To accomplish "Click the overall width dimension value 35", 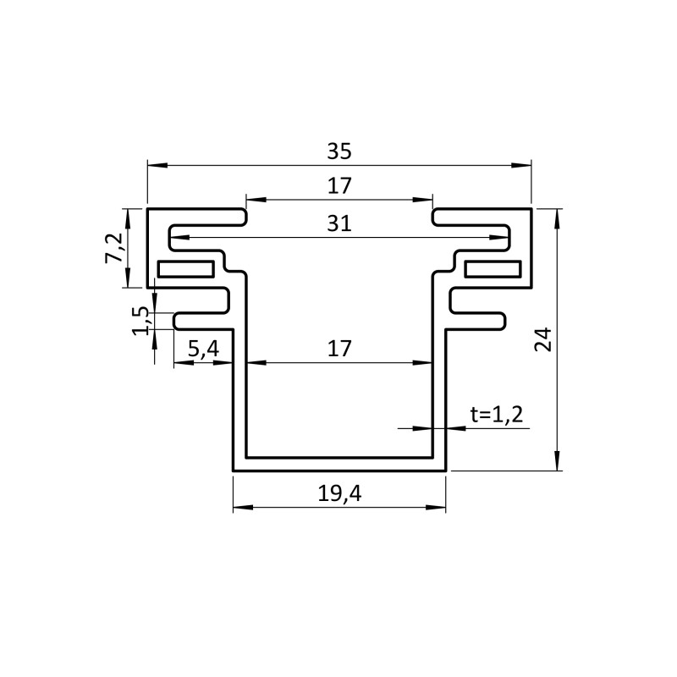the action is click(x=339, y=151).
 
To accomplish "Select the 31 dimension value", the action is click(x=339, y=223).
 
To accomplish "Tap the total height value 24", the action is click(x=543, y=339).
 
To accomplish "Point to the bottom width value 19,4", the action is click(x=339, y=493).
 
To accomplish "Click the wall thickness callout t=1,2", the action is click(x=497, y=415).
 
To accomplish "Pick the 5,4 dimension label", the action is click(x=204, y=349).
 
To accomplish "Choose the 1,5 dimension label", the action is click(x=141, y=322).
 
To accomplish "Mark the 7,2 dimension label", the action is click(x=114, y=248).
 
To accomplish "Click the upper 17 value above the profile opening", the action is click(x=339, y=186).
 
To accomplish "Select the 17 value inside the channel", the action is click(x=339, y=349).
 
